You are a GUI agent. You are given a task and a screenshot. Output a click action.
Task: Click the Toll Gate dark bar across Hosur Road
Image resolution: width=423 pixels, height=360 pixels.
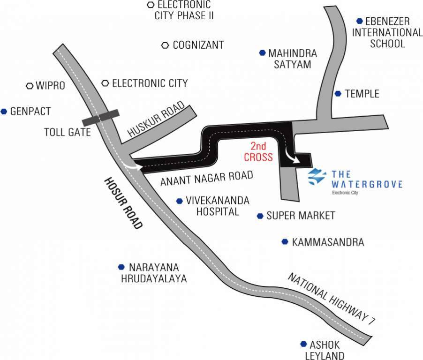(x=101, y=118)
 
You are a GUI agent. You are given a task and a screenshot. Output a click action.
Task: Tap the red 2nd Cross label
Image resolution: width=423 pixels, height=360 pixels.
(x=258, y=152)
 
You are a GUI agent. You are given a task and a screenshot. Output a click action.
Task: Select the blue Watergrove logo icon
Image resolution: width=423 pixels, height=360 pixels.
(x=317, y=177)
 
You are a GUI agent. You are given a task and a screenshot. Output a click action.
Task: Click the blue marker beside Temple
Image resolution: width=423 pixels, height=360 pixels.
(x=338, y=94)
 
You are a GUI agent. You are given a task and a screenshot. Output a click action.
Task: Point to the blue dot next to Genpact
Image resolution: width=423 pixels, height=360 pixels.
(x=4, y=111)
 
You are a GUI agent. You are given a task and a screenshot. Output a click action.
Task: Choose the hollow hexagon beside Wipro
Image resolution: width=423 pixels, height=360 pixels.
(x=30, y=86)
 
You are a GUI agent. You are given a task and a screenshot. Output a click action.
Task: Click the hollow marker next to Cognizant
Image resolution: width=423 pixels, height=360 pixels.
(x=165, y=45)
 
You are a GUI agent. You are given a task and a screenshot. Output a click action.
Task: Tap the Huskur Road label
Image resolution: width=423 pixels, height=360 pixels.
(x=156, y=119)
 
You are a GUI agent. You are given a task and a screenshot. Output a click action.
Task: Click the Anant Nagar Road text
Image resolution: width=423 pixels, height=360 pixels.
(x=207, y=178)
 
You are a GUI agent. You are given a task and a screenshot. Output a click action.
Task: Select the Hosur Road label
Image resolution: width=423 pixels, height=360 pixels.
(x=123, y=203)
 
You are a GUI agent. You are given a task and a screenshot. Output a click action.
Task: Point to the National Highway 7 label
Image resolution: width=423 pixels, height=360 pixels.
(x=332, y=298)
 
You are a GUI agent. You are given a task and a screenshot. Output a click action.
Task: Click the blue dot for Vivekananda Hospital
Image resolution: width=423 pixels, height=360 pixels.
(x=180, y=201)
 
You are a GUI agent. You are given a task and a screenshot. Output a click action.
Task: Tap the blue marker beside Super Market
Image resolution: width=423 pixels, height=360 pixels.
(x=260, y=216)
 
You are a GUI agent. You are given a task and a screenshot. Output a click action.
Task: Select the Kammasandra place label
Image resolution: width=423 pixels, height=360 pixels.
(x=328, y=242)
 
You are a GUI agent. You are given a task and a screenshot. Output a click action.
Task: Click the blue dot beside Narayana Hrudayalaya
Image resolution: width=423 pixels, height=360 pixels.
(x=121, y=267)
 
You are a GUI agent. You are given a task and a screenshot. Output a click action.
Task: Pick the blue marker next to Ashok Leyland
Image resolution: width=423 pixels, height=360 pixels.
(x=304, y=344)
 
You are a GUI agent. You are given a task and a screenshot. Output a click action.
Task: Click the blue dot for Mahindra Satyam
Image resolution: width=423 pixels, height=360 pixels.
(x=262, y=53)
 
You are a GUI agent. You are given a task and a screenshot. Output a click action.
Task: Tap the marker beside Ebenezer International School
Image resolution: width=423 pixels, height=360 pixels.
(x=359, y=21)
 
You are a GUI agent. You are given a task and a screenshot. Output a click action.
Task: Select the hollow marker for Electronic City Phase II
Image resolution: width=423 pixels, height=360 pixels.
(x=151, y=5)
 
